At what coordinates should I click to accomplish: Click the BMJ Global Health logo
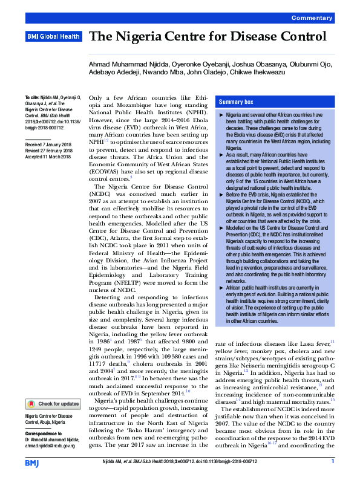pos(53,37)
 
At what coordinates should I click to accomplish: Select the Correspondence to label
pos(47,434)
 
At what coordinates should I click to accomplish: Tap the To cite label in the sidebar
pos(31,97)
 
